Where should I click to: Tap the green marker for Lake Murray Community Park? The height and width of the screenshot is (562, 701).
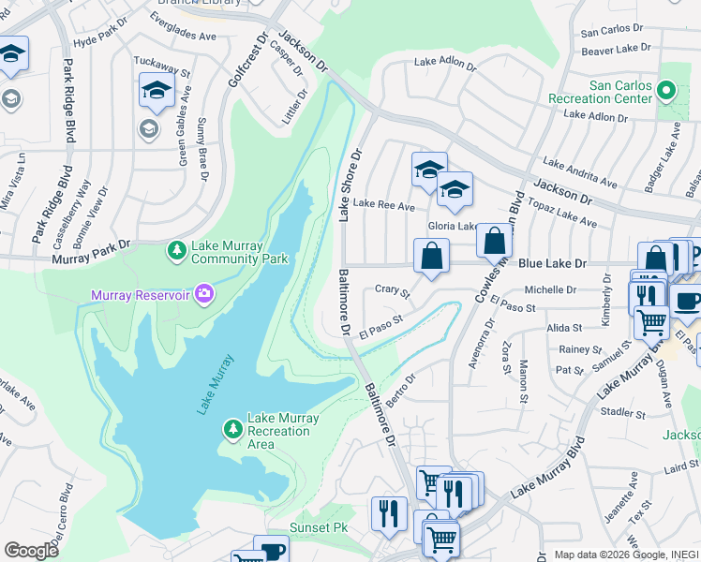point(176,251)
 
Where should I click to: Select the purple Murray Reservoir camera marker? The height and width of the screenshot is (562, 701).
point(203,296)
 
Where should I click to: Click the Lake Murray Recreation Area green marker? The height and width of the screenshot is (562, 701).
point(232,429)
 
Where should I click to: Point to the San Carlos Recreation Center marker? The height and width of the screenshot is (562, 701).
point(666,91)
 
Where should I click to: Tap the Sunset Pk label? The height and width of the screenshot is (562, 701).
point(318,527)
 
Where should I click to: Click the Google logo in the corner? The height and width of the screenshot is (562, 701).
point(31,551)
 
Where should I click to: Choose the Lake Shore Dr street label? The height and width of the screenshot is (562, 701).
point(350,186)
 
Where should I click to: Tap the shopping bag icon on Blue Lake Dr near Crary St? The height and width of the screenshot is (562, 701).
point(431,255)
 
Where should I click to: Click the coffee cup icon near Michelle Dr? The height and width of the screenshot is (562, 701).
point(688,302)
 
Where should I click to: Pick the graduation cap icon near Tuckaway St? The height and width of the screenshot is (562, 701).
point(157,91)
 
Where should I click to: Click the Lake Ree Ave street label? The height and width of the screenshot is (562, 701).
point(383,205)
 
